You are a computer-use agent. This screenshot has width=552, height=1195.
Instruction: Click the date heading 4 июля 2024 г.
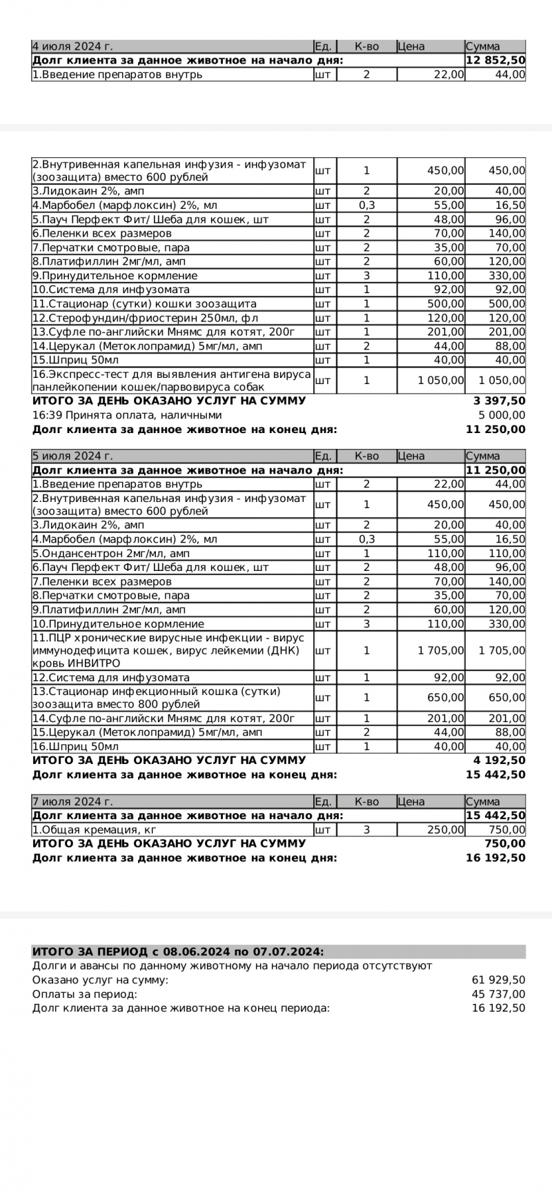coord(72,46)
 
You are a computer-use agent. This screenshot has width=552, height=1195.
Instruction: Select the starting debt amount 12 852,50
coord(495,61)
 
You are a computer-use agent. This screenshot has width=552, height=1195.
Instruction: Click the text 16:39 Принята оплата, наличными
coord(127,415)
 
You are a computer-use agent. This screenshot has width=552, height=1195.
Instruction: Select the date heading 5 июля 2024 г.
coord(72,456)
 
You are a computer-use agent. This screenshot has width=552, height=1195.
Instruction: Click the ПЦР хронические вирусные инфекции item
coord(169,650)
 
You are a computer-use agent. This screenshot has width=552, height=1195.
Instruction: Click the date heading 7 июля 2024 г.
coord(72,801)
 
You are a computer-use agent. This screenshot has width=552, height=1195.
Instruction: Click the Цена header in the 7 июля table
coord(411,801)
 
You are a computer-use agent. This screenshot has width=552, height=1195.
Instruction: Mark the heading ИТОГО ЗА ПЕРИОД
coord(178,952)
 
